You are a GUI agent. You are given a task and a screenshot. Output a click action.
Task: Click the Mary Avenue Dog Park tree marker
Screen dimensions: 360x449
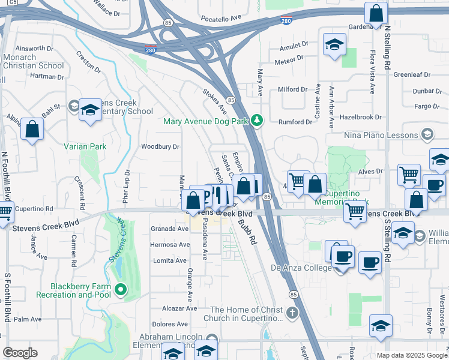coord(257,121)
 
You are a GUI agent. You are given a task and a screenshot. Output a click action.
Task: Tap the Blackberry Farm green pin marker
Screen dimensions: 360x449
coord(121,290)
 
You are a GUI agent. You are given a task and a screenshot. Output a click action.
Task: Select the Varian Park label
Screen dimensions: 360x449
coord(85,146)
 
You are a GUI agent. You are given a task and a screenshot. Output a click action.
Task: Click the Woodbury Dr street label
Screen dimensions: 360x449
coord(160,146)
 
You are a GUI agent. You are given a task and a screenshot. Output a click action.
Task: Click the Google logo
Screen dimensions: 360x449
coord(20,353)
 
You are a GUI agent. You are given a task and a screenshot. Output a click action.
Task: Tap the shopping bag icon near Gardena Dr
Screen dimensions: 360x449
coord(376,13)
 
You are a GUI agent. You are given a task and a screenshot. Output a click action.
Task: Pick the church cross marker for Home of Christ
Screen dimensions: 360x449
coord(292,313)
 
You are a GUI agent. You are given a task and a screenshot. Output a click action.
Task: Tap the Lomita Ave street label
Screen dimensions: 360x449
coord(171,260)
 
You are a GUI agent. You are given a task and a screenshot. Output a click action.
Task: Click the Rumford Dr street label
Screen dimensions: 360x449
coord(295,122)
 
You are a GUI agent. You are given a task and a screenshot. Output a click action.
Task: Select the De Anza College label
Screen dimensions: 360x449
coord(301,268)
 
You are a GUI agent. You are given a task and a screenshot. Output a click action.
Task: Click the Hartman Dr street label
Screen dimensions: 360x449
coord(47,76)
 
